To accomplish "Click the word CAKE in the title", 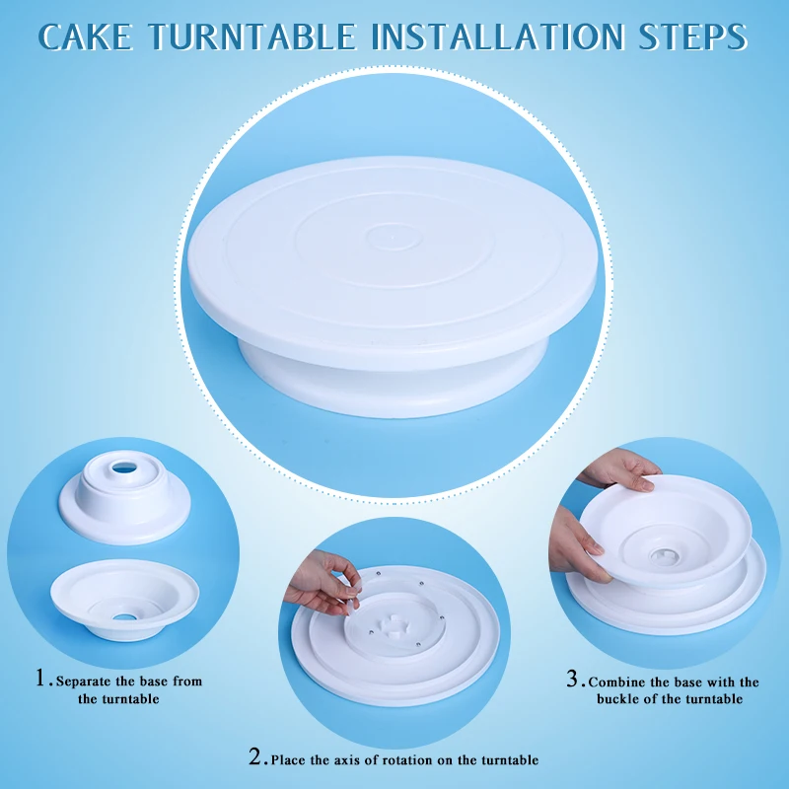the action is (85, 36).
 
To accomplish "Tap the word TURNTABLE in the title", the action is (252, 36).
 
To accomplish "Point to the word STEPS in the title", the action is (692, 36).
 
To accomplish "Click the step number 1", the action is (41, 678).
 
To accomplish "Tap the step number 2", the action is (255, 756).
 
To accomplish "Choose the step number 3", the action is (572, 679).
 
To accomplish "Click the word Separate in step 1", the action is (83, 681).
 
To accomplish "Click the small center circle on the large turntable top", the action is (393, 237).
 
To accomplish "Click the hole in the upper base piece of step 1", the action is (124, 467).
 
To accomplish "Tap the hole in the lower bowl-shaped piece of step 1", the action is (124, 617).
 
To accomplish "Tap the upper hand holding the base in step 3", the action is (620, 469).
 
